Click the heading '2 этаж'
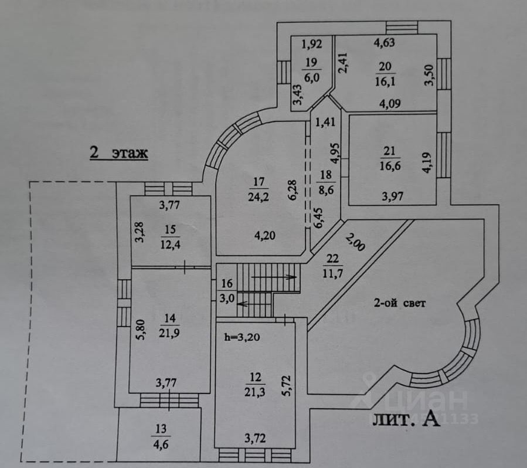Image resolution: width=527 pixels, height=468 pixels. pyautogui.click(x=118, y=153)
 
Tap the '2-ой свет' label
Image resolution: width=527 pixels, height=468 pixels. pyautogui.click(x=399, y=304)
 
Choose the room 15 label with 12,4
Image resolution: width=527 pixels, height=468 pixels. pyautogui.click(x=171, y=236)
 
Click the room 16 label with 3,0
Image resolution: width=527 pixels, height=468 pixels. pyautogui.click(x=227, y=291)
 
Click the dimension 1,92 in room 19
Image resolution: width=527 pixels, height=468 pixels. pyautogui.click(x=312, y=43)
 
